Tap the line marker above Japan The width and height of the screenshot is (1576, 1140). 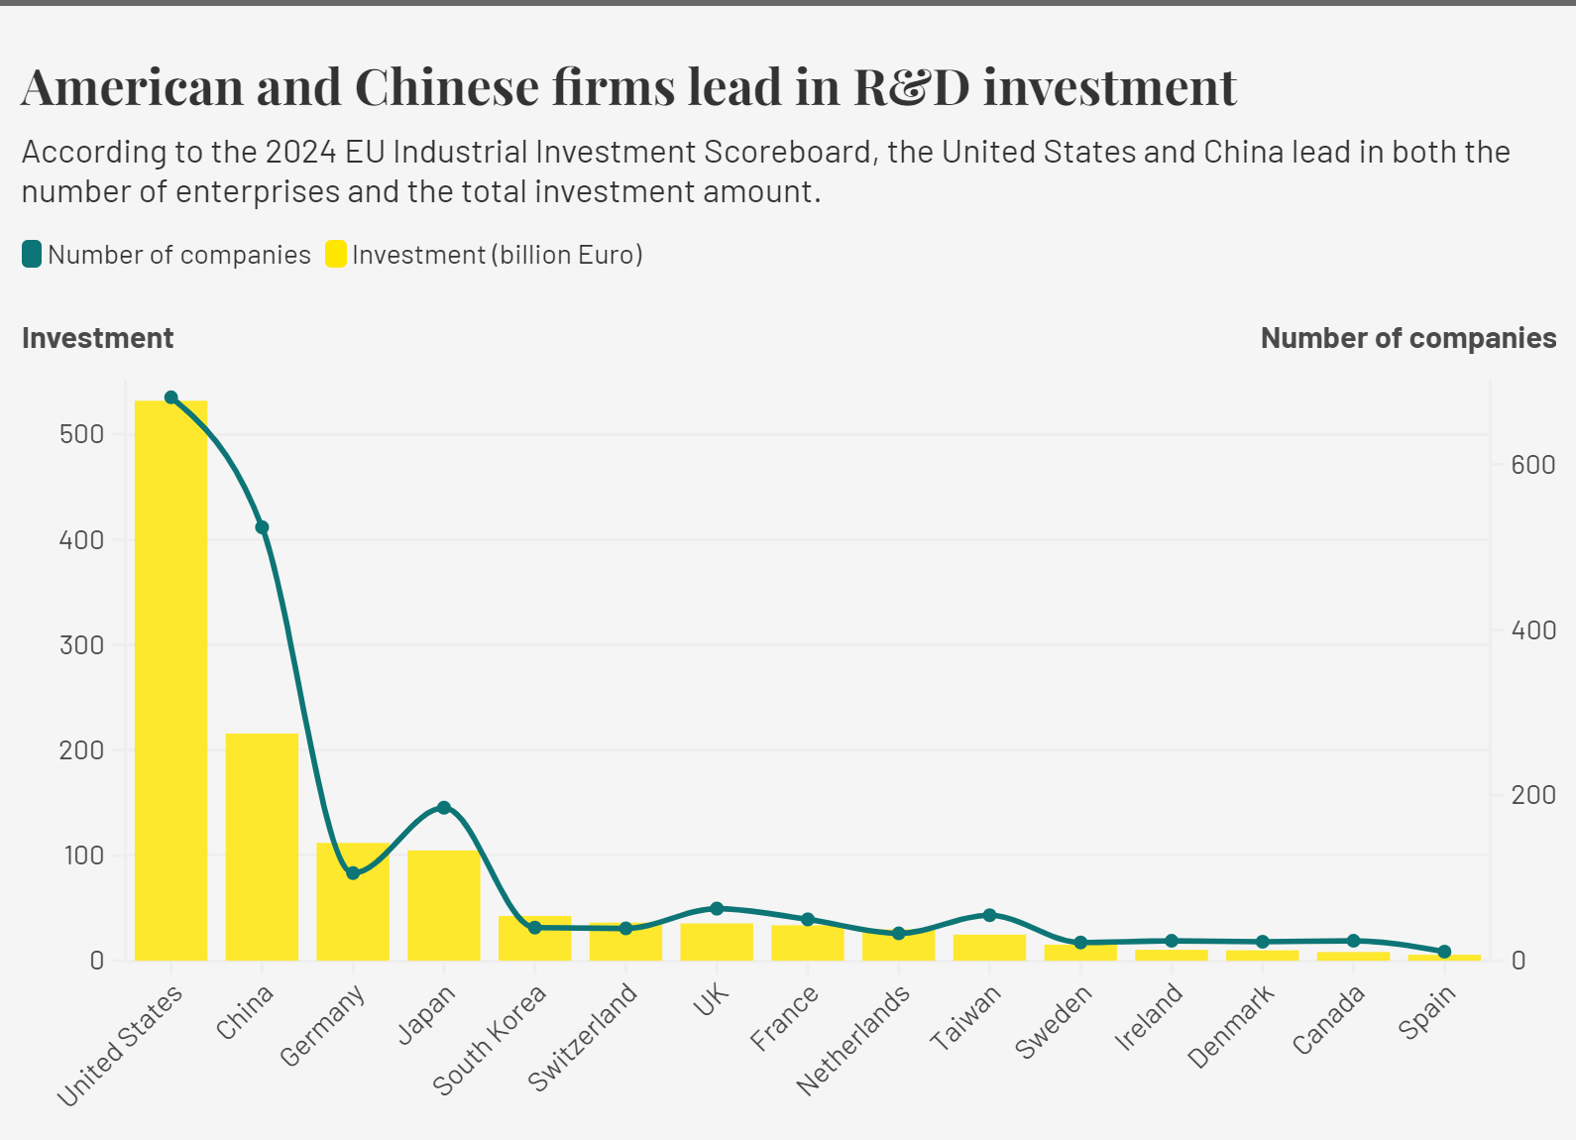[444, 808]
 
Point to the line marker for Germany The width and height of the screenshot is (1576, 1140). [353, 873]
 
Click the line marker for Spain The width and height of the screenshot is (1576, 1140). [1444, 952]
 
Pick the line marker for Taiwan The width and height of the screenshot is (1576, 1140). [989, 915]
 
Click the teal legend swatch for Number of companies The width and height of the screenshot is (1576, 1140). [32, 255]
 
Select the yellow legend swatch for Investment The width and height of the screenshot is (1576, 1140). [336, 255]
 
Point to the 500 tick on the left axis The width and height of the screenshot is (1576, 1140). [81, 434]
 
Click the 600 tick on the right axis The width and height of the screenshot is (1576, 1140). [1532, 465]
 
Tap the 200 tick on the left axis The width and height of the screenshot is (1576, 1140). [81, 750]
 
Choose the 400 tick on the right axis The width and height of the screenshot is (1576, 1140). [1532, 630]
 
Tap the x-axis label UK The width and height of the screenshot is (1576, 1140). [712, 1001]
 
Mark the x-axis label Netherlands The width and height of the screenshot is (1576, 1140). [853, 1041]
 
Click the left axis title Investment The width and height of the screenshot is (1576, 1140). [97, 338]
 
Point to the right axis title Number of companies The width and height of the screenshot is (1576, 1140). [1407, 338]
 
